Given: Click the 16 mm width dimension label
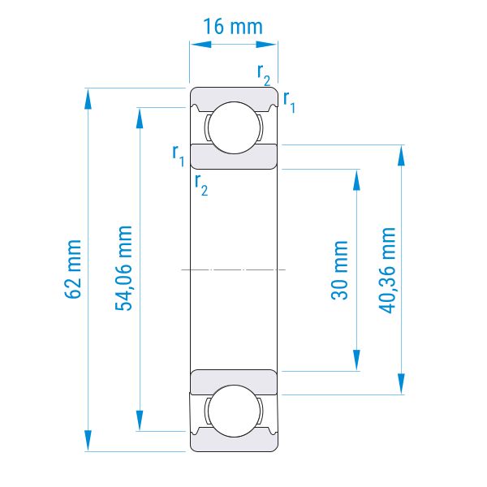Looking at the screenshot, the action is [233, 27].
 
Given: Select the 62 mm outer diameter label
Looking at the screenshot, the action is [73, 269].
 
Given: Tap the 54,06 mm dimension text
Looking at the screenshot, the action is [123, 269].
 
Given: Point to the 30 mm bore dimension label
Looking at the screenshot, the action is [339, 270].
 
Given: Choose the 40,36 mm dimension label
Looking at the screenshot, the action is [387, 270].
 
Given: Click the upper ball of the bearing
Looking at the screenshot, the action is [234, 127].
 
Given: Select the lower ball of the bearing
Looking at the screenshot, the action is [234, 411].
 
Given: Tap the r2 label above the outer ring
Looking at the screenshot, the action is [264, 75].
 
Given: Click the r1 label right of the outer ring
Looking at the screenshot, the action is [289, 102].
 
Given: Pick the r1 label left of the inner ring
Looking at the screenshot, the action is [179, 156].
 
